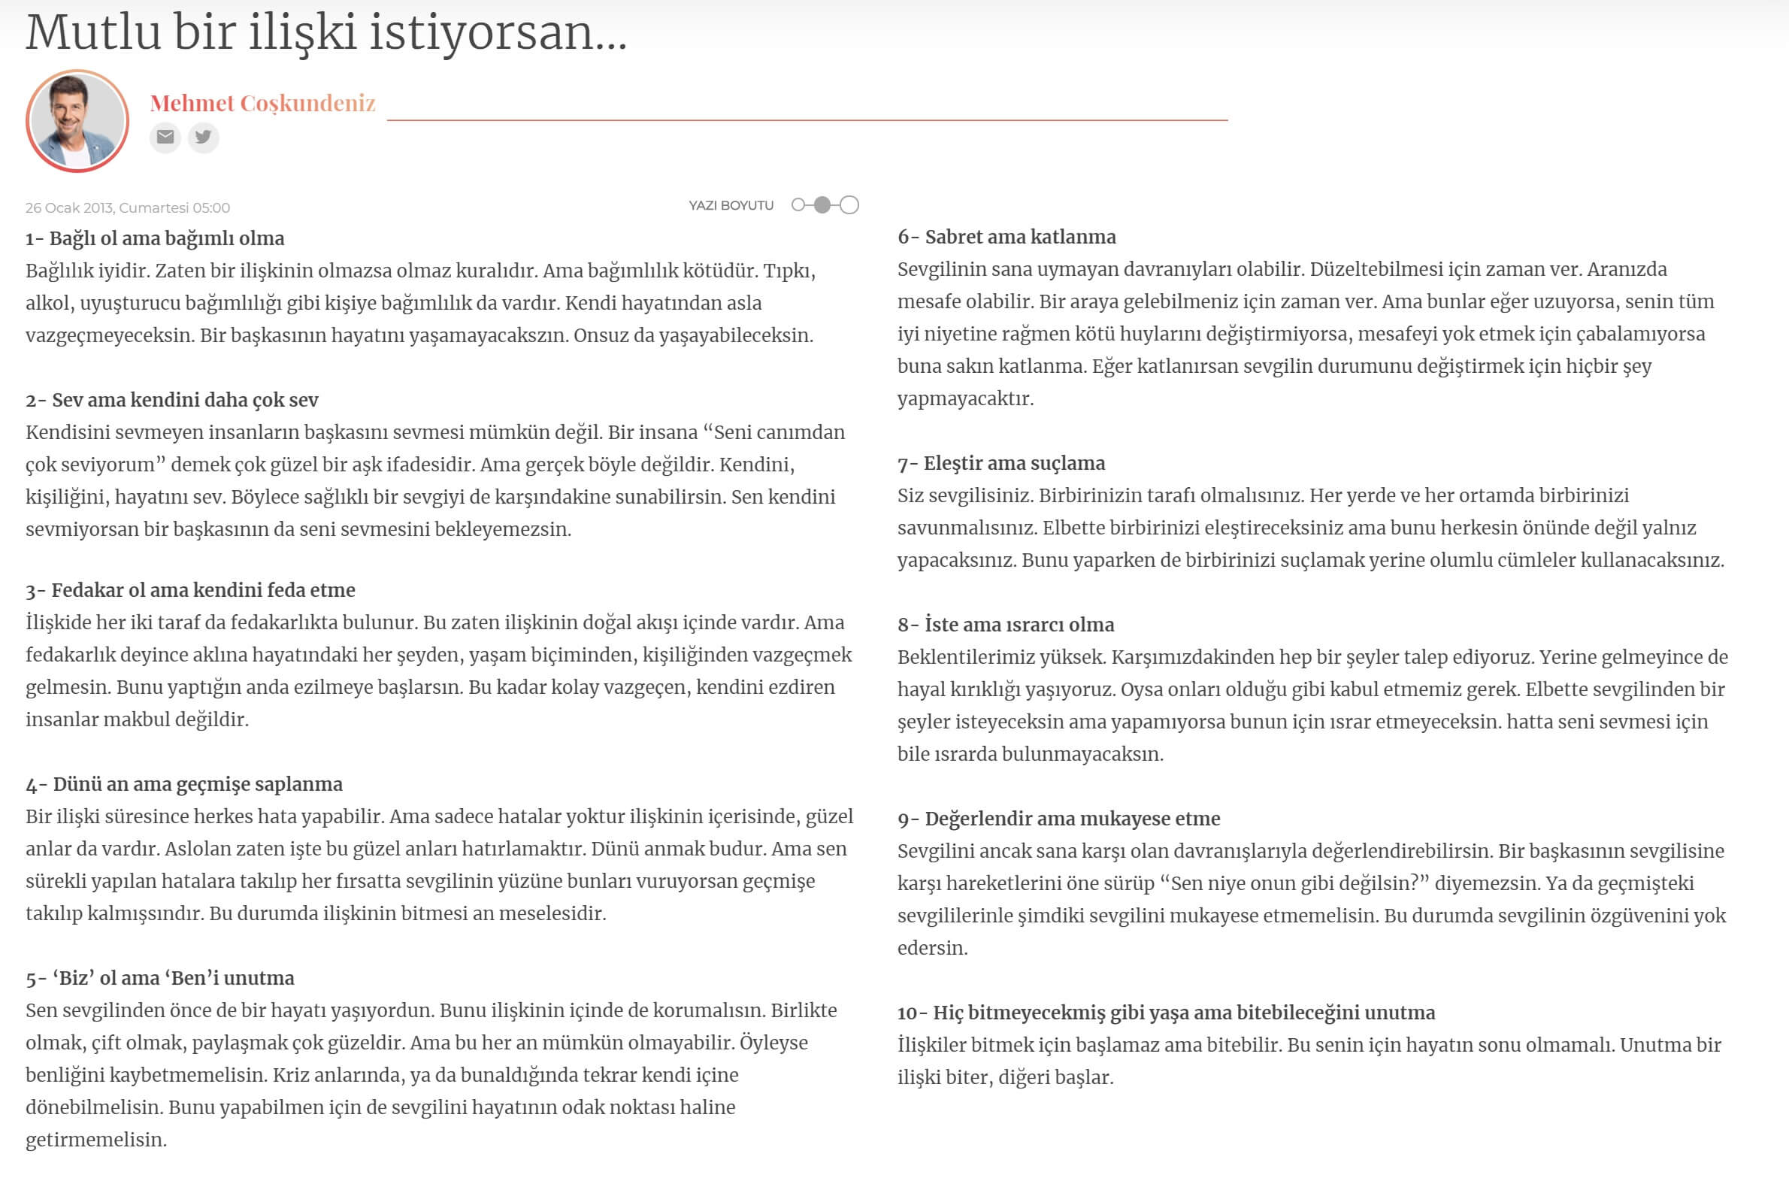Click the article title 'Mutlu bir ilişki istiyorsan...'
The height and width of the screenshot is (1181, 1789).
pyautogui.click(x=326, y=33)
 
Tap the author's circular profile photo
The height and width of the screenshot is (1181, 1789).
pyautogui.click(x=77, y=121)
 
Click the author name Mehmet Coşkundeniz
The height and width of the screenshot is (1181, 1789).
pyautogui.click(x=262, y=103)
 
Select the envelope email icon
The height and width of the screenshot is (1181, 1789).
pyautogui.click(x=165, y=137)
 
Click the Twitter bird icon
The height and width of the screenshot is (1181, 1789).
pyautogui.click(x=203, y=137)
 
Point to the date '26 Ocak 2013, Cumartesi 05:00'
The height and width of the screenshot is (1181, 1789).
pyautogui.click(x=128, y=208)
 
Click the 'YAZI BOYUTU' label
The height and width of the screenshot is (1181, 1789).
pyautogui.click(x=731, y=206)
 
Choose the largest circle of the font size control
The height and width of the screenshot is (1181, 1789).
pyautogui.click(x=849, y=205)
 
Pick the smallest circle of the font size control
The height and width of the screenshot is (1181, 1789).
pyautogui.click(x=798, y=205)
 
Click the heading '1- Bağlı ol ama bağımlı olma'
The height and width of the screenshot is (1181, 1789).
pyautogui.click(x=155, y=239)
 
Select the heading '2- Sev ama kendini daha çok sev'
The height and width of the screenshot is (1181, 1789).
pyautogui.click(x=171, y=400)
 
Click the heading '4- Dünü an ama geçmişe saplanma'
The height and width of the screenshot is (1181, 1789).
pyautogui.click(x=183, y=784)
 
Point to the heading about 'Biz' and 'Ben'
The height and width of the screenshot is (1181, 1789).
pyautogui.click(x=159, y=977)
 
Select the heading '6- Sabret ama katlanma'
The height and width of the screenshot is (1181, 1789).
pyautogui.click(x=1006, y=238)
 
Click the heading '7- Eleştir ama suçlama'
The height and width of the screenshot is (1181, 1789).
pyautogui.click(x=1000, y=463)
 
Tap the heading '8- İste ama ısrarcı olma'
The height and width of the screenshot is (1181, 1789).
pyautogui.click(x=1005, y=625)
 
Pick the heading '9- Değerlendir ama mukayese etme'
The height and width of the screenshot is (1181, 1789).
pyautogui.click(x=1058, y=819)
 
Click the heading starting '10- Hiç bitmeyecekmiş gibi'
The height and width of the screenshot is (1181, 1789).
pyautogui.click(x=1166, y=1013)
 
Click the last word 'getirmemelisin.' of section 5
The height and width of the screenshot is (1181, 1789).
pyautogui.click(x=96, y=1140)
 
